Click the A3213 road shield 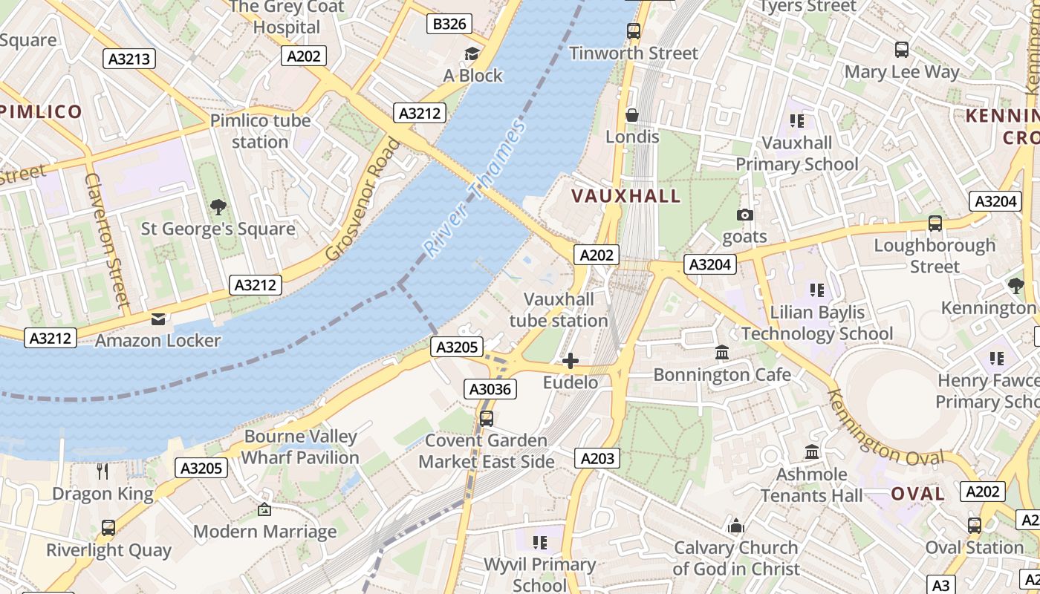tap(129, 59)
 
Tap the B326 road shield tap(449, 24)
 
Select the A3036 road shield tap(490, 388)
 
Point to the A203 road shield tap(597, 458)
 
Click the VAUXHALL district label tap(625, 196)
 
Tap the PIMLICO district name tap(41, 112)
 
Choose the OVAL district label tap(917, 494)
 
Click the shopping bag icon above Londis tap(632, 115)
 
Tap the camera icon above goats tap(744, 215)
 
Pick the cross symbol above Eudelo tap(571, 361)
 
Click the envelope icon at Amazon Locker tap(158, 319)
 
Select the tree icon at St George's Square tap(218, 206)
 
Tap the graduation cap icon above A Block tap(472, 53)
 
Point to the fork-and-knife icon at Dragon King tap(103, 471)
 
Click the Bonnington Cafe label tap(722, 374)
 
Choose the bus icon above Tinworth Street tap(633, 31)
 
